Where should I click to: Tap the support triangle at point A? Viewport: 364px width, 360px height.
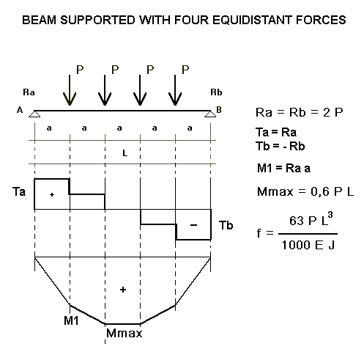[x=34, y=114]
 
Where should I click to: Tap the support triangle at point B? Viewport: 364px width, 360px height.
[x=210, y=114]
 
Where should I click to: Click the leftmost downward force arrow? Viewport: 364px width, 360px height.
[x=70, y=90]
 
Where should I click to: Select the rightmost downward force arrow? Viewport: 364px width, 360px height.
[x=175, y=90]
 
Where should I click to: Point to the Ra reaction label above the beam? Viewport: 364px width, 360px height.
[x=29, y=92]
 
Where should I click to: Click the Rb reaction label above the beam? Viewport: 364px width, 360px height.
[x=216, y=92]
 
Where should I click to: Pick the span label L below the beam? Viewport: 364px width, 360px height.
[x=125, y=153]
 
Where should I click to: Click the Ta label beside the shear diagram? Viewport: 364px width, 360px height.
[x=19, y=191]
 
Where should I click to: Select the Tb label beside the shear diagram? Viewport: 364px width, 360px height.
[x=226, y=225]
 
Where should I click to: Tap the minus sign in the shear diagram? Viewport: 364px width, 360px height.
[x=193, y=225]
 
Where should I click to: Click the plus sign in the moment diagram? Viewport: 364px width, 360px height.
[x=123, y=290]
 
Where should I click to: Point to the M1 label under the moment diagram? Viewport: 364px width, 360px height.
[x=71, y=320]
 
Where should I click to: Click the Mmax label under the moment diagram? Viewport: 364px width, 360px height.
[x=124, y=333]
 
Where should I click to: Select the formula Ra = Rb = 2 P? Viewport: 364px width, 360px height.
[x=300, y=113]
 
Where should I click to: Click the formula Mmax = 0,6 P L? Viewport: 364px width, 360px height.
[x=305, y=191]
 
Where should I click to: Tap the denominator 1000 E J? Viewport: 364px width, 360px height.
[x=308, y=245]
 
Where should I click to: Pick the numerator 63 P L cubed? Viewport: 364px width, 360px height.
[x=311, y=219]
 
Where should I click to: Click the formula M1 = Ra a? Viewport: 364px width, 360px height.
[x=283, y=169]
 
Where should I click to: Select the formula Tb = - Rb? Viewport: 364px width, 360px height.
[x=281, y=147]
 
